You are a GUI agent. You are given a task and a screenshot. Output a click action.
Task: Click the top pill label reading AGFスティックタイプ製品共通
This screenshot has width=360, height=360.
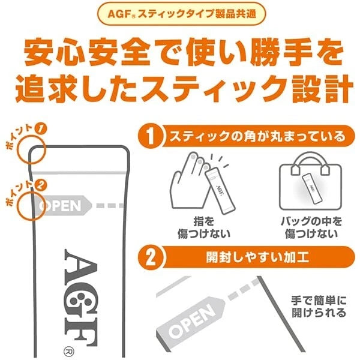point(180,13)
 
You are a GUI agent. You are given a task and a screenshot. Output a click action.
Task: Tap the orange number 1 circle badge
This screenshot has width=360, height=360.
point(152,137)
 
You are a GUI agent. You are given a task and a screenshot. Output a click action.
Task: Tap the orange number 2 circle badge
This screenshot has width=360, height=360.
point(152,257)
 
